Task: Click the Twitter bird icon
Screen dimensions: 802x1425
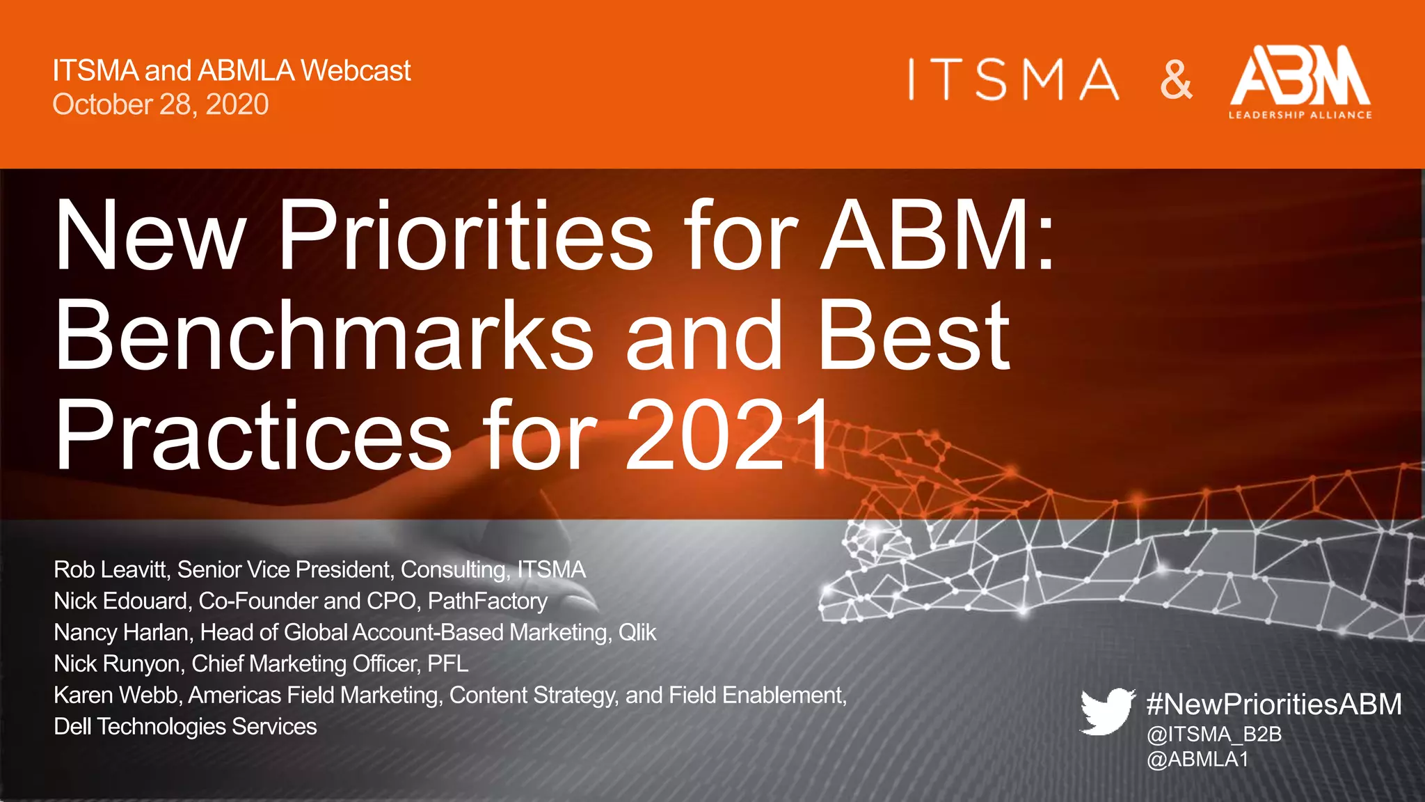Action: click(1107, 711)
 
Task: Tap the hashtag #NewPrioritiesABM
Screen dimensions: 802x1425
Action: click(1274, 704)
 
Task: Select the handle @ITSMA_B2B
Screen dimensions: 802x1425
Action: click(1214, 734)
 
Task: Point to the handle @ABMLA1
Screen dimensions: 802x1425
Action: click(1197, 759)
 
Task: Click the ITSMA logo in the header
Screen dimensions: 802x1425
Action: click(1013, 79)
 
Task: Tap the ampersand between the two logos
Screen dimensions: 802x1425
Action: click(1176, 80)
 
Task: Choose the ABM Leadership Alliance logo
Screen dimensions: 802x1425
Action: click(1300, 82)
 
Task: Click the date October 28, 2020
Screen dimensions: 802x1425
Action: click(161, 104)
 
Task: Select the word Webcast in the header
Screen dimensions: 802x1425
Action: click(356, 70)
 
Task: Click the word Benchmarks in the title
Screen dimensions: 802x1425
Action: click(324, 336)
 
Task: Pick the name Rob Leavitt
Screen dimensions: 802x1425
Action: click(111, 569)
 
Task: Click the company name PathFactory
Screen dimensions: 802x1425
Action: click(487, 601)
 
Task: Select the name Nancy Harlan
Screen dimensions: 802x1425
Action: click(122, 632)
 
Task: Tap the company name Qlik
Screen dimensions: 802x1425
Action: click(637, 632)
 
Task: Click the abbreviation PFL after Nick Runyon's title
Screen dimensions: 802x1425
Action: click(447, 663)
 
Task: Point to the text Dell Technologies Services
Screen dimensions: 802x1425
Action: click(185, 726)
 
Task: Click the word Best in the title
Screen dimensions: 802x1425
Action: click(913, 336)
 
